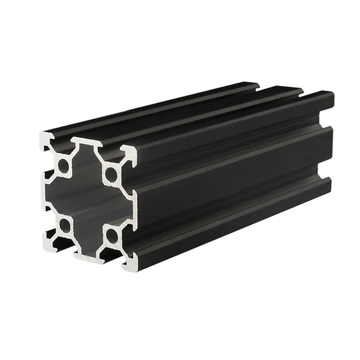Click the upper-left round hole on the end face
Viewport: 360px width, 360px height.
click(64, 165)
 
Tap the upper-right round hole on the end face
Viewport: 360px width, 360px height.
click(111, 174)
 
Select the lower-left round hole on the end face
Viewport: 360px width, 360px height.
click(65, 226)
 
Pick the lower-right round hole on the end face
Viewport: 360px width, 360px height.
click(112, 235)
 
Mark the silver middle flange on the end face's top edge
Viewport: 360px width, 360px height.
click(85, 143)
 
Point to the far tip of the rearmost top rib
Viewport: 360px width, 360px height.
click(256, 86)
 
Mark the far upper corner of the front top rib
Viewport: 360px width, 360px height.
click(331, 94)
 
